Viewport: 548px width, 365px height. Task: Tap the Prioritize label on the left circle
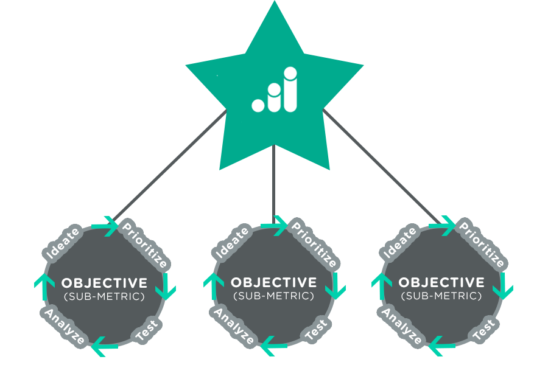pyautogui.click(x=144, y=246)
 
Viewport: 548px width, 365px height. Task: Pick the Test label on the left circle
pyautogui.click(x=147, y=330)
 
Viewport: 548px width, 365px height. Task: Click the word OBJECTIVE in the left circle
pyautogui.click(x=104, y=283)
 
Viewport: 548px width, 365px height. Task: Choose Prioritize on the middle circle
pyautogui.click(x=314, y=246)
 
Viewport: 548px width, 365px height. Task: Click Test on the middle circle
pyautogui.click(x=316, y=330)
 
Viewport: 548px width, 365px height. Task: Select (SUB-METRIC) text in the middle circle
pyautogui.click(x=273, y=296)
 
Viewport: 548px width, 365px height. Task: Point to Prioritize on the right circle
pyautogui.click(x=482, y=246)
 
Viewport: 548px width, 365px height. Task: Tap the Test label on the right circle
pyautogui.click(x=483, y=330)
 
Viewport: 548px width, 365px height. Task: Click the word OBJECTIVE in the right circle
pyautogui.click(x=441, y=283)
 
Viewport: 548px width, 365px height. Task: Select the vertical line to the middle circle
pyautogui.click(x=274, y=182)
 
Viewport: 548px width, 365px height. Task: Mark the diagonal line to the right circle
pyautogui.click(x=381, y=164)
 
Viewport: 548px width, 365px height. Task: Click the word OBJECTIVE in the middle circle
pyautogui.click(x=273, y=283)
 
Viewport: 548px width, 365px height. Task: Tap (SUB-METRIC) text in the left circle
pyautogui.click(x=104, y=296)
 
